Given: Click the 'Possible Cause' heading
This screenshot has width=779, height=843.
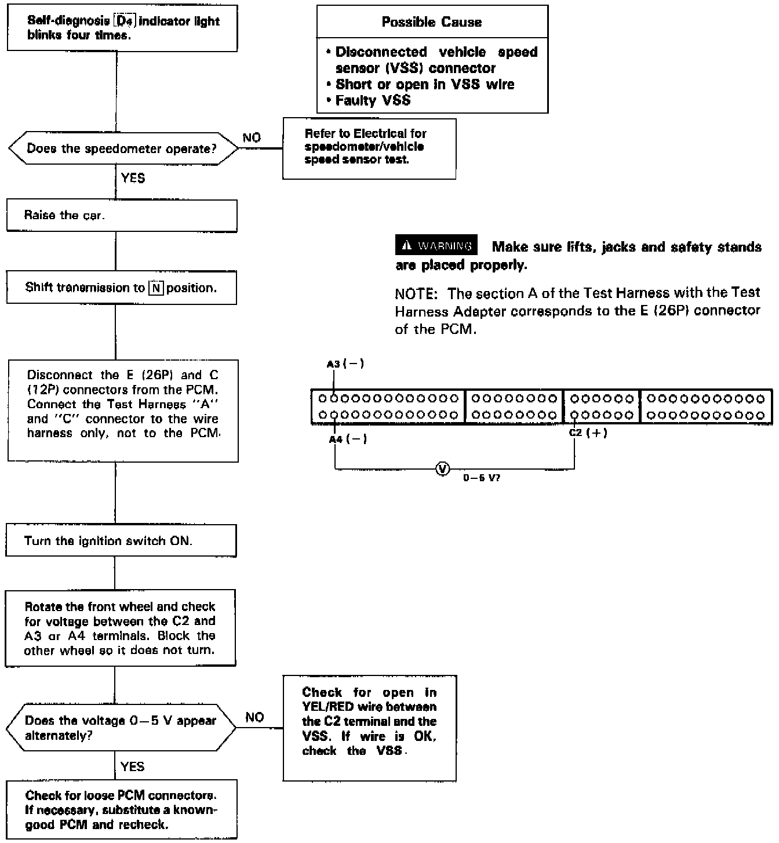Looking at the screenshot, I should pos(432,22).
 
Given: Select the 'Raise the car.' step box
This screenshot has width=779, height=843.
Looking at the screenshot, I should pos(122,216).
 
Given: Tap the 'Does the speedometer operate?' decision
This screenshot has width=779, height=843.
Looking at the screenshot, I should pos(122,149).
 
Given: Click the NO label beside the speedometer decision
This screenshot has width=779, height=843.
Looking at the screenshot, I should pos(252,137).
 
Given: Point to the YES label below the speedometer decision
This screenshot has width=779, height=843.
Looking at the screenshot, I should pos(133,178).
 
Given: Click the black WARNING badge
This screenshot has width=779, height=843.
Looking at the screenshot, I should pos(436,245).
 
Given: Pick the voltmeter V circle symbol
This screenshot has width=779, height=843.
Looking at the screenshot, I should pos(442,469).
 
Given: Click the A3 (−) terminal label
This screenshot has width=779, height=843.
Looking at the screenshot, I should pos(345,364).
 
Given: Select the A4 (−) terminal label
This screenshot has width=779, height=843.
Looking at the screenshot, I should pos(348,439).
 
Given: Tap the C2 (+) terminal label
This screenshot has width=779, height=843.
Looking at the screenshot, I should pos(588,433).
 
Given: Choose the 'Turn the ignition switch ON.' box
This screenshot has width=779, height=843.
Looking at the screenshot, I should pos(121,540).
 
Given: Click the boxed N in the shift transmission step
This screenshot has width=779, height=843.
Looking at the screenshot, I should pos(155,288).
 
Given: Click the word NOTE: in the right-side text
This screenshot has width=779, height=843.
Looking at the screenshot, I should pos(416,293).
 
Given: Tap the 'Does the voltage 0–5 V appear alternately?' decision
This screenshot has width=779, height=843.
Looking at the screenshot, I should pos(121,728).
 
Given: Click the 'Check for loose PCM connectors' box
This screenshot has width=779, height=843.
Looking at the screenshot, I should pos(122,809).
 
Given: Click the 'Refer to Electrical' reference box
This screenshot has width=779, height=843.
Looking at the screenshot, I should pos(369,148).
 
